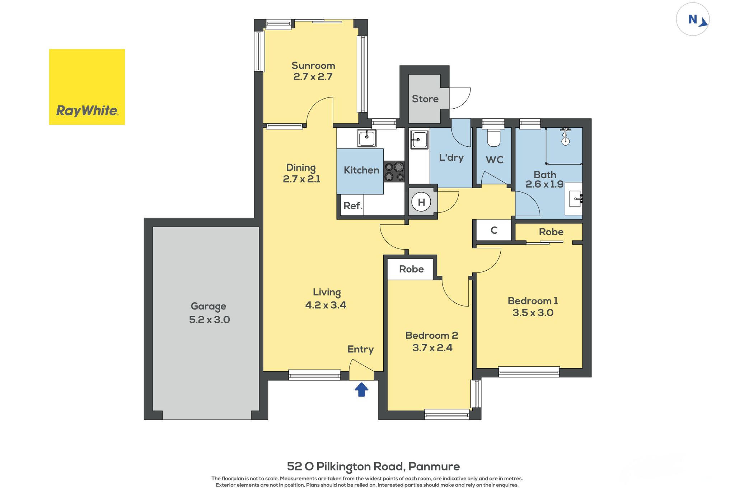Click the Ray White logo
(x=87, y=87)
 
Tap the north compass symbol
(x=693, y=19)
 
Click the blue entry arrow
(x=361, y=389)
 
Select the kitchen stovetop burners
(x=394, y=172)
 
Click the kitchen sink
(x=366, y=138)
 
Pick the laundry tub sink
(x=419, y=139)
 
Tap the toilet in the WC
(x=494, y=138)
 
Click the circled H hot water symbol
(x=421, y=202)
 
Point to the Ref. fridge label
(x=353, y=206)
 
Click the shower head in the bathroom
(x=566, y=136)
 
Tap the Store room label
(x=425, y=99)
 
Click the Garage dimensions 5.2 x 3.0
(x=210, y=319)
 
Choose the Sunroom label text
(x=313, y=66)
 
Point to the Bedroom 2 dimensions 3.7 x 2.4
(x=432, y=348)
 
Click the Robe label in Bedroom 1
(x=551, y=232)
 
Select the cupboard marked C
(x=494, y=230)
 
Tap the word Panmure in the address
(x=434, y=466)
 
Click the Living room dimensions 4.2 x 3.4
(x=326, y=305)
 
